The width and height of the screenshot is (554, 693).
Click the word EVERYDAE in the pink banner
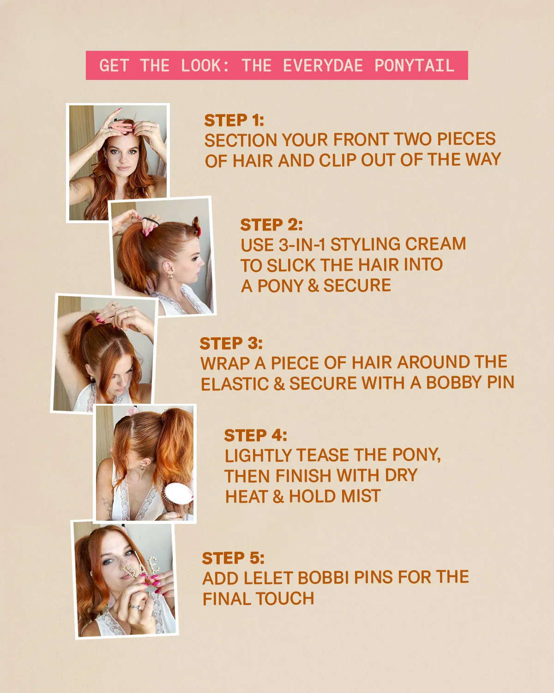click(x=323, y=66)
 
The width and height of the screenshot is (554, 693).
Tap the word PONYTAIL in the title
click(x=414, y=66)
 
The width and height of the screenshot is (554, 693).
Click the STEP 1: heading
click(x=234, y=120)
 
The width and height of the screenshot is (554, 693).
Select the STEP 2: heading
click(x=271, y=225)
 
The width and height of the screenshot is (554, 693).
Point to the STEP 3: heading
click(x=231, y=343)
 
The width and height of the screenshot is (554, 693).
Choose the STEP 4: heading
click(x=255, y=435)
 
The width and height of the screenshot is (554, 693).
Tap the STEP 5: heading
click(x=233, y=558)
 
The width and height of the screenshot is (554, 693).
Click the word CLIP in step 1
click(x=337, y=160)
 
